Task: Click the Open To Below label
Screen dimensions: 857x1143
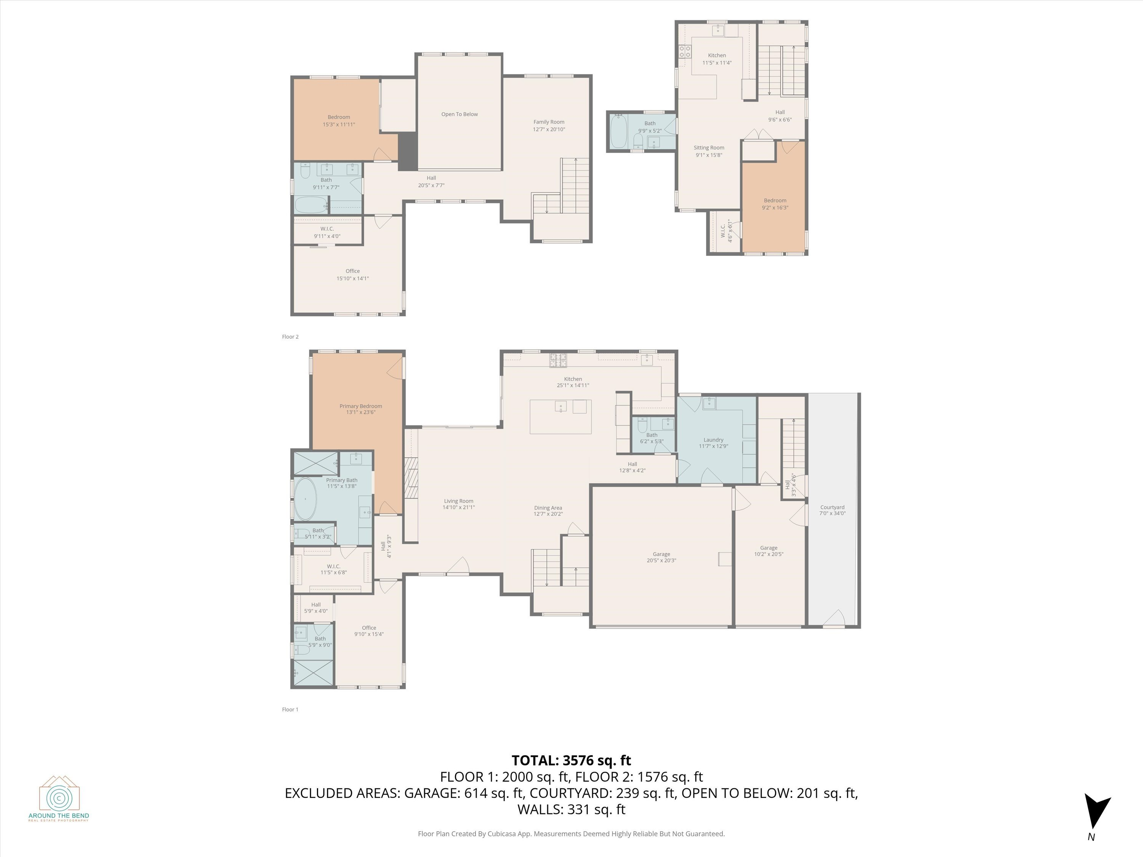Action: [459, 114]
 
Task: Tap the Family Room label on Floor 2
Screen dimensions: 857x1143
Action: [549, 122]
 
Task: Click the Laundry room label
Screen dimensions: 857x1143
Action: [713, 440]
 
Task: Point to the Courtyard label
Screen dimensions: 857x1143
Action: [832, 507]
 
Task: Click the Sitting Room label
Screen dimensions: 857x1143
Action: [708, 148]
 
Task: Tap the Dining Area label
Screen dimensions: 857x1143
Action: [548, 508]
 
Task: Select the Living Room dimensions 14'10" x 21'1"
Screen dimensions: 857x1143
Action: [458, 507]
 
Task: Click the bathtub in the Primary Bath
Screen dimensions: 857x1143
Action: [306, 499]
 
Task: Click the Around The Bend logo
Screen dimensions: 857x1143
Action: [59, 798]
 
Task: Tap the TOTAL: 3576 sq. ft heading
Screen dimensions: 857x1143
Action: [571, 760]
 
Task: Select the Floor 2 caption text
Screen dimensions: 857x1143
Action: [290, 337]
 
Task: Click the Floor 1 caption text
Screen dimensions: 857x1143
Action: [290, 709]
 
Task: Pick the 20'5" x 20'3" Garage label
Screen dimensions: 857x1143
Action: [661, 557]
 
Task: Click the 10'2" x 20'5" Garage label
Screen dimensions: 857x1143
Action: [768, 551]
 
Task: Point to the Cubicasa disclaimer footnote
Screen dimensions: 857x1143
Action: [571, 834]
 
